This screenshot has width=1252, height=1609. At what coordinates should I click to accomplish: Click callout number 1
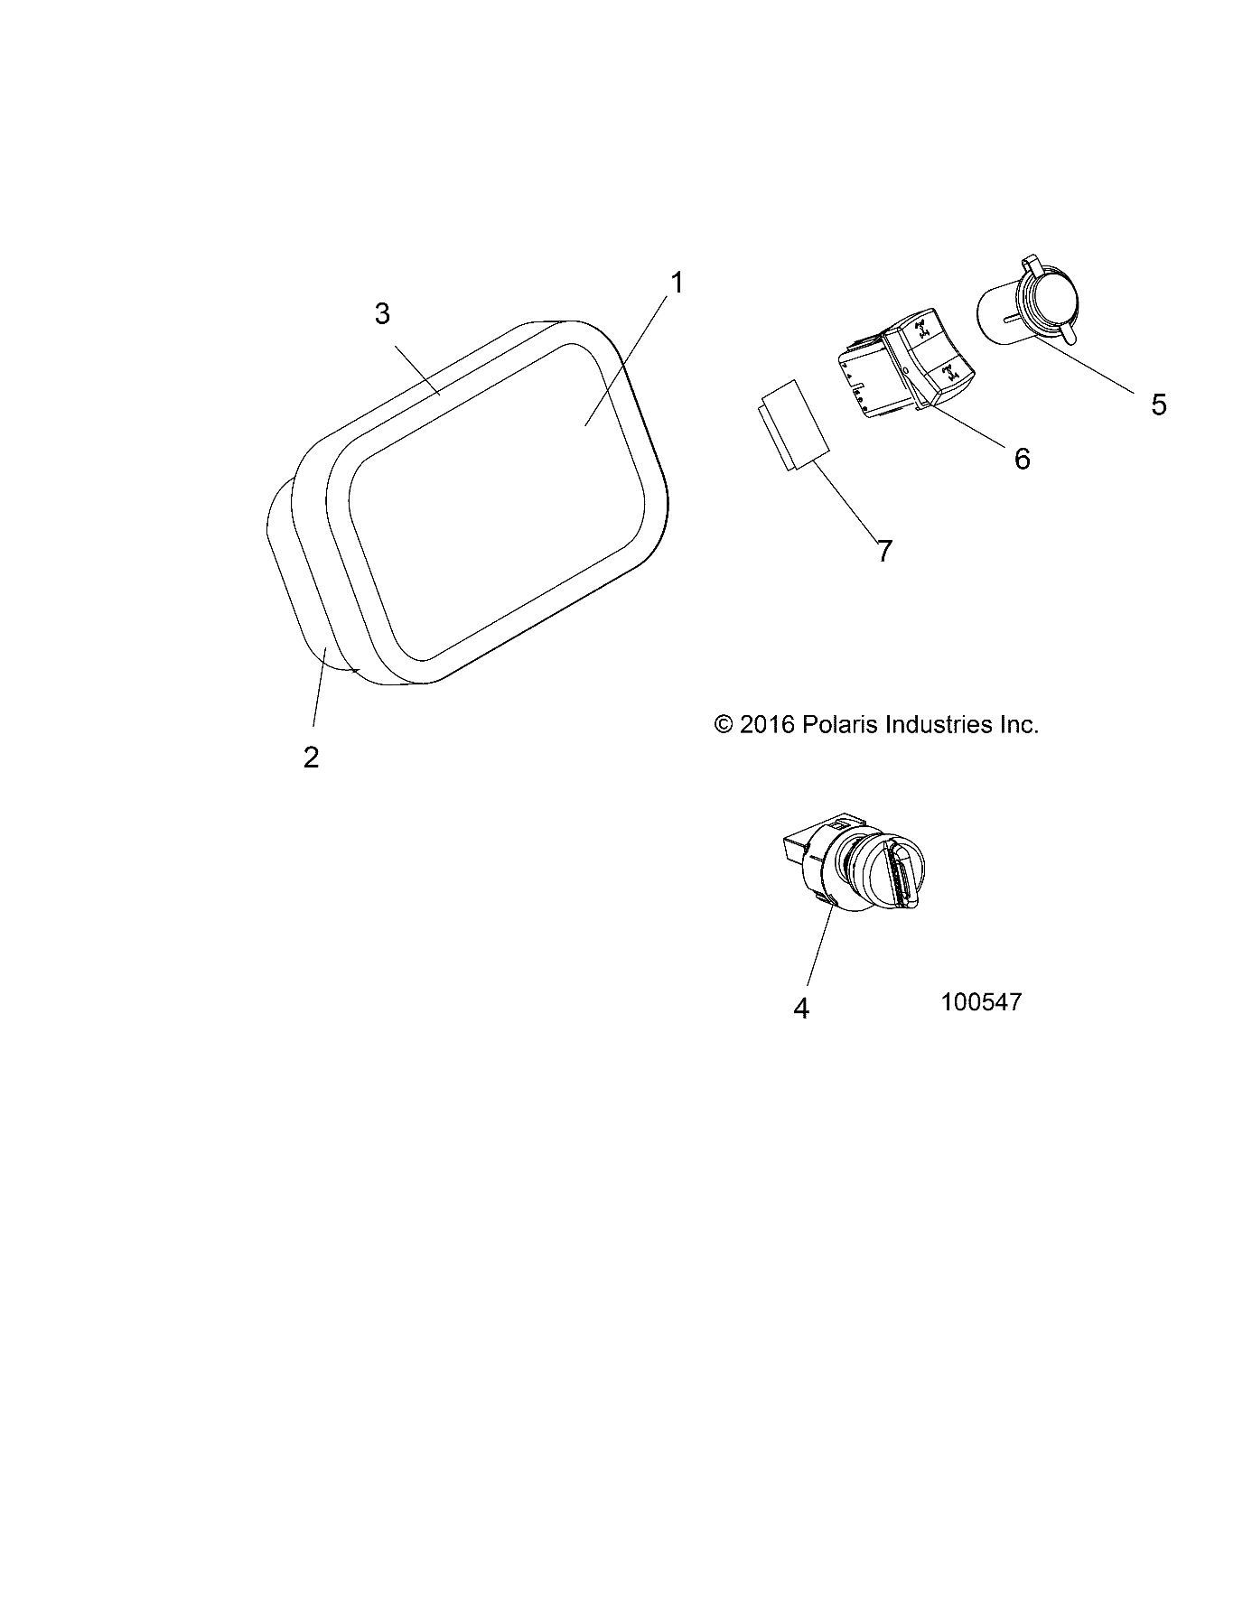676,283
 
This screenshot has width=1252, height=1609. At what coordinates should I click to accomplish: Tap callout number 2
311,757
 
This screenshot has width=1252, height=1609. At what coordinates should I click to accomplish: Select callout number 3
382,314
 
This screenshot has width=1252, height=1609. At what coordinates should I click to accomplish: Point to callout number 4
801,1008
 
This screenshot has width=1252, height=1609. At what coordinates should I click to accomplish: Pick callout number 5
1159,404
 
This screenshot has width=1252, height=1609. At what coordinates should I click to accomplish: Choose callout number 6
1022,459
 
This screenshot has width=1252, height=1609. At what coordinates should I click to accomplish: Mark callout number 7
884,550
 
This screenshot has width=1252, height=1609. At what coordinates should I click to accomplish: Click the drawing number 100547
981,1001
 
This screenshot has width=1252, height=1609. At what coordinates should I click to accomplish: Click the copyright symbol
723,724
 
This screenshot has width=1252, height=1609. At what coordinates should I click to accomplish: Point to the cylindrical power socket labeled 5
1030,312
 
